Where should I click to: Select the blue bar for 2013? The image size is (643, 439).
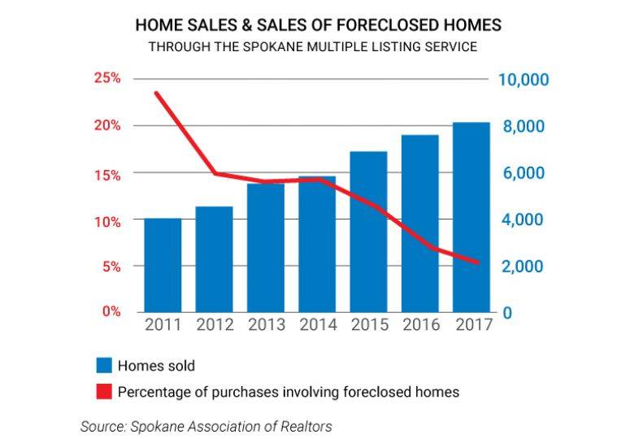[x=266, y=248]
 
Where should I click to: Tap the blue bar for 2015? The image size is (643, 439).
[x=368, y=232]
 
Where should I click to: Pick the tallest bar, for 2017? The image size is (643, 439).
[x=471, y=217]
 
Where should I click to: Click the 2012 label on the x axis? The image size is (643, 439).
[x=215, y=325]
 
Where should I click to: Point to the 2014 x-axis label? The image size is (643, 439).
[x=317, y=325]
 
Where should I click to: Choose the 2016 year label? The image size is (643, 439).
[x=420, y=325]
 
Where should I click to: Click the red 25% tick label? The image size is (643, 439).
[x=107, y=79]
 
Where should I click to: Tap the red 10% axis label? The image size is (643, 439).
[x=107, y=221]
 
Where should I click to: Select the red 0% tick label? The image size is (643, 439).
[x=111, y=312]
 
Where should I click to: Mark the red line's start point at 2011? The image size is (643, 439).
[x=156, y=93]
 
